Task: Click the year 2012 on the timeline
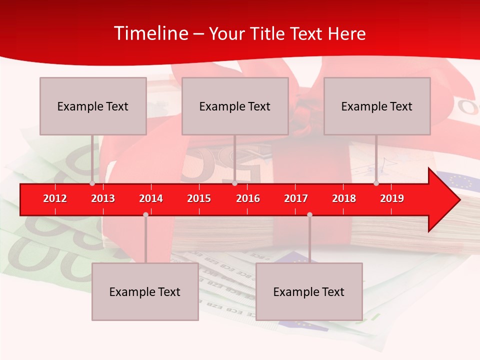pos(55,198)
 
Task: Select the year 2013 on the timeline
pos(103,198)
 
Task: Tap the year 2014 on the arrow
pos(151,198)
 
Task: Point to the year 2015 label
pos(199,198)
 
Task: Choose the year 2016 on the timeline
pos(248,198)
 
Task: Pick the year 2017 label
pos(296,198)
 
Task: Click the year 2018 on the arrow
pos(344,198)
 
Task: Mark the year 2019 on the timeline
pos(392,198)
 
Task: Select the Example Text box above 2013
pos(93,106)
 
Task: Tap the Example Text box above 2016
pos(235,106)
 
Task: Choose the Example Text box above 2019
pos(377,106)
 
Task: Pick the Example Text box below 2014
pos(145,291)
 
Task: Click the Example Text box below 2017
pos(309,291)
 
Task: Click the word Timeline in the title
pos(150,33)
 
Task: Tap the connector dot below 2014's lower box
pos(145,214)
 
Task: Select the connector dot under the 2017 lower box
pos(309,214)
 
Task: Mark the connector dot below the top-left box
pos(92,183)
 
